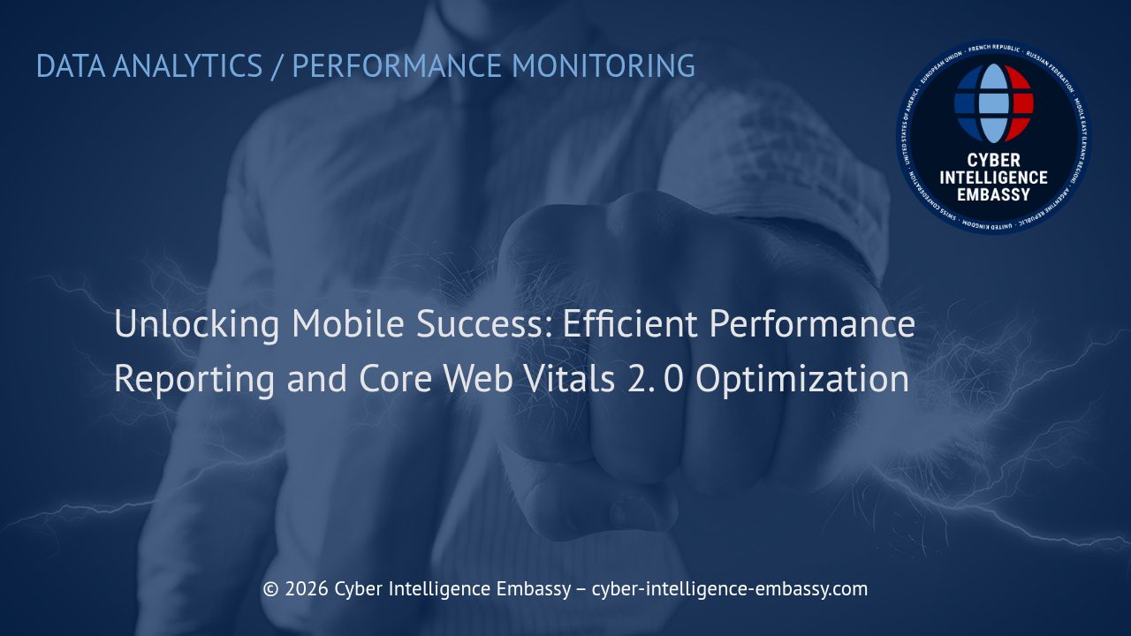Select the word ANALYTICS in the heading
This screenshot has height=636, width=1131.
[x=187, y=66]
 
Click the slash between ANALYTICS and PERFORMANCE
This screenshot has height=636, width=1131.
[x=277, y=66]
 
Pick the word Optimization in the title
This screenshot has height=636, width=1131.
[x=802, y=379]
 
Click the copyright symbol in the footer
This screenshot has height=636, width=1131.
[x=271, y=589]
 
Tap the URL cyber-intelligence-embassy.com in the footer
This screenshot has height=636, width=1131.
[x=729, y=589]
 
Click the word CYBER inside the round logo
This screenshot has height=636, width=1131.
[x=993, y=161]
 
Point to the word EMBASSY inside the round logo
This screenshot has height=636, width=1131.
[x=993, y=193]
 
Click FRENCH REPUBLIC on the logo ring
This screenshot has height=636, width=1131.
[x=994, y=49]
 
